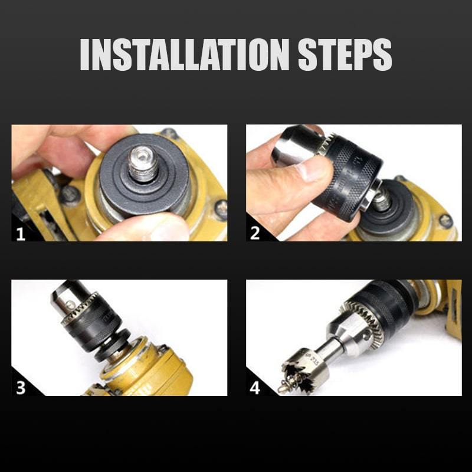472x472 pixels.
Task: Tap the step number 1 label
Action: tap(21, 233)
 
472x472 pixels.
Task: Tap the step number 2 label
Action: tap(255, 233)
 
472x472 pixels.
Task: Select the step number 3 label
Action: tap(21, 388)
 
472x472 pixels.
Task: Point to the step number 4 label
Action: tap(255, 388)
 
